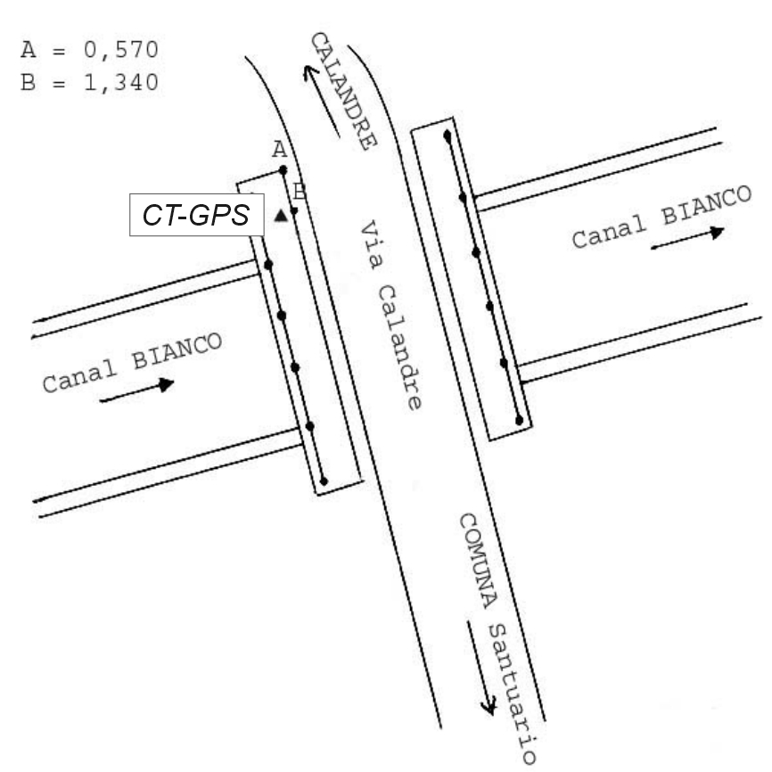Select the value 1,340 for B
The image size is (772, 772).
119,83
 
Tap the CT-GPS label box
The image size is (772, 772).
197,215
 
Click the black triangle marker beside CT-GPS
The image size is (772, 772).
282,215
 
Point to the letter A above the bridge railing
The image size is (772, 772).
279,150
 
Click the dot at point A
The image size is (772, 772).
283,169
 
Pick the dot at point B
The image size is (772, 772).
292,209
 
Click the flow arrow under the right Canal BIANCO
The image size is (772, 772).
687,238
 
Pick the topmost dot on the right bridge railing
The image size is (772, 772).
447,135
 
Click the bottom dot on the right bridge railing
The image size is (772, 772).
519,418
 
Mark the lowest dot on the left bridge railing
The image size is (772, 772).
324,481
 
